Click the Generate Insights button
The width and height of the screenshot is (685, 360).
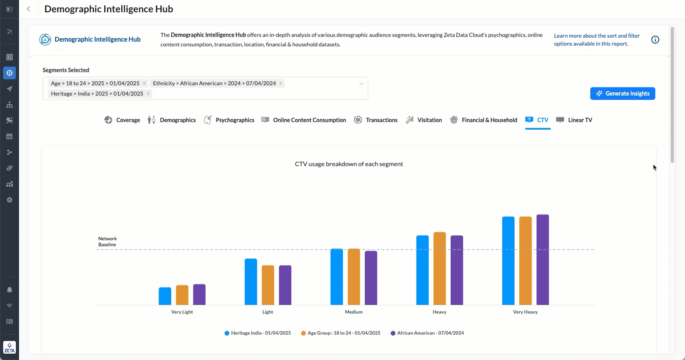point(622,94)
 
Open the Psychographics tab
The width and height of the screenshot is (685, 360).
point(229,120)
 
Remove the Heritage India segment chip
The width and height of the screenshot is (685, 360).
point(148,94)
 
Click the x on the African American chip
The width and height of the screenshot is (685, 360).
point(281,83)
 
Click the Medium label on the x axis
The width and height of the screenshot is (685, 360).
point(354,312)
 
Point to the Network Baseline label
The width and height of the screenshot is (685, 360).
point(107,241)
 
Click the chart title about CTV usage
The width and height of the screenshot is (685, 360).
point(349,164)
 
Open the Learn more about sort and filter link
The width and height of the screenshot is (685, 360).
point(597,40)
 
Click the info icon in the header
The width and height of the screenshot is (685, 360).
point(655,40)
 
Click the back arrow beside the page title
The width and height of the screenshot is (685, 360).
point(29,9)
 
